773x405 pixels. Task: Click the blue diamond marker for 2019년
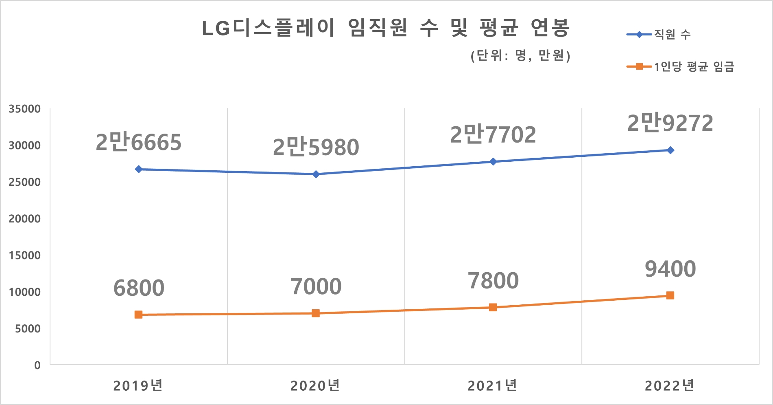pos(139,169)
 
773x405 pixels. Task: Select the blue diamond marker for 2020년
pos(316,174)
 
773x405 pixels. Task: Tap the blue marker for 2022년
pos(670,150)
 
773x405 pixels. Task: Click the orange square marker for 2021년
pos(493,307)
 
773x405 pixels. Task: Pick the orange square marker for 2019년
pos(139,315)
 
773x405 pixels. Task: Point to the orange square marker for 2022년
pos(670,295)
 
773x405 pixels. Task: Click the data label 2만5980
pos(316,147)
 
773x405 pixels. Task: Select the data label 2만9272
pos(670,123)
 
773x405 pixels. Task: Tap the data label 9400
pos(670,269)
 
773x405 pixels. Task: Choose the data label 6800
pos(139,288)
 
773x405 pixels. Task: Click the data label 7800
pos(493,281)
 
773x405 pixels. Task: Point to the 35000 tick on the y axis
pos(25,109)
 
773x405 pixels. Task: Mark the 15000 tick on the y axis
pos(25,255)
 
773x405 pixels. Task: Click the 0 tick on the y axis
pos(37,365)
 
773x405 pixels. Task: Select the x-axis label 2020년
pos(315,385)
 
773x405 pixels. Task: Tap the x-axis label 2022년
pos(670,385)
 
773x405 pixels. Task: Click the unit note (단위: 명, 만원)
pos(520,55)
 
